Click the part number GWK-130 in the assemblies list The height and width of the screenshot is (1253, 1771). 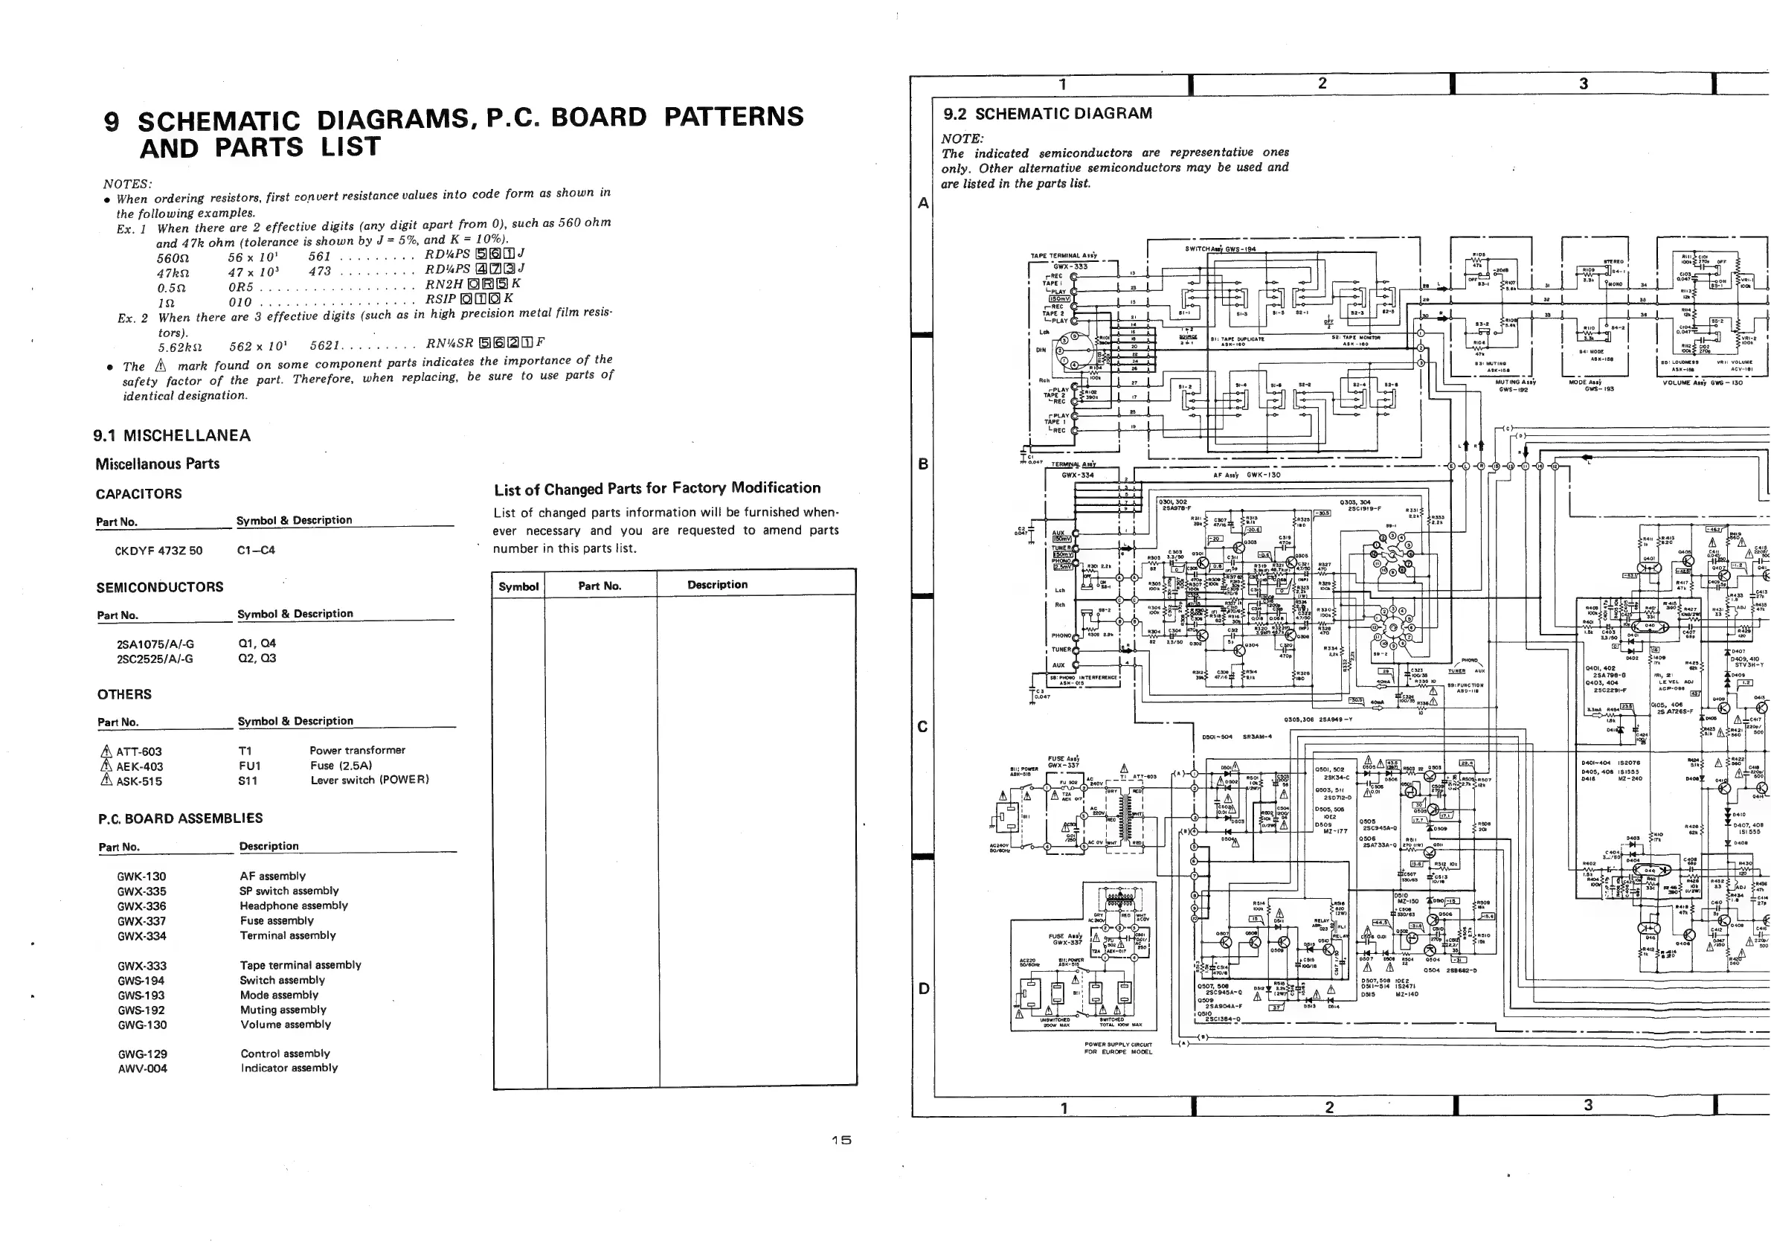pos(141,877)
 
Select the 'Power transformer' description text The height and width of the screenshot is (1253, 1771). pos(357,750)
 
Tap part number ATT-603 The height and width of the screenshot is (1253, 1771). pos(139,752)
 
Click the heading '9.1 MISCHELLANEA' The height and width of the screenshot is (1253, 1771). pos(172,436)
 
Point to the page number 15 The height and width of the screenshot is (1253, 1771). pos(840,1141)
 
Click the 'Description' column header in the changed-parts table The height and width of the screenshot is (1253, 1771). pos(717,585)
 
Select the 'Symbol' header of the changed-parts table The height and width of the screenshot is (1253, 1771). pos(518,586)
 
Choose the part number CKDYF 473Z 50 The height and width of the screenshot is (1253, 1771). pos(159,551)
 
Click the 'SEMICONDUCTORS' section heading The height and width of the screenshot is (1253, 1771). pos(160,587)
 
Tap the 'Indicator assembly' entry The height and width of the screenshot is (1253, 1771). pos(289,1068)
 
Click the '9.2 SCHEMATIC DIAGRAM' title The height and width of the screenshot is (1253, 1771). pos(1048,114)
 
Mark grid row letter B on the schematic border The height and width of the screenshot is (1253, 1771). pos(922,464)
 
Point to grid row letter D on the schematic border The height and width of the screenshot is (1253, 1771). pos(922,988)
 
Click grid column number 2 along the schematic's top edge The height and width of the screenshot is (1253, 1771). pos(1322,83)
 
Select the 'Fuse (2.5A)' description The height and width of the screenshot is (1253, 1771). pos(341,766)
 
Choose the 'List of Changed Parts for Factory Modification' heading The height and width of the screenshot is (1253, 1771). pos(658,488)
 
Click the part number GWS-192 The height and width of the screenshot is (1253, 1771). pos(141,1010)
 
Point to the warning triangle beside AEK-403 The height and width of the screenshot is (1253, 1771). pos(106,766)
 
